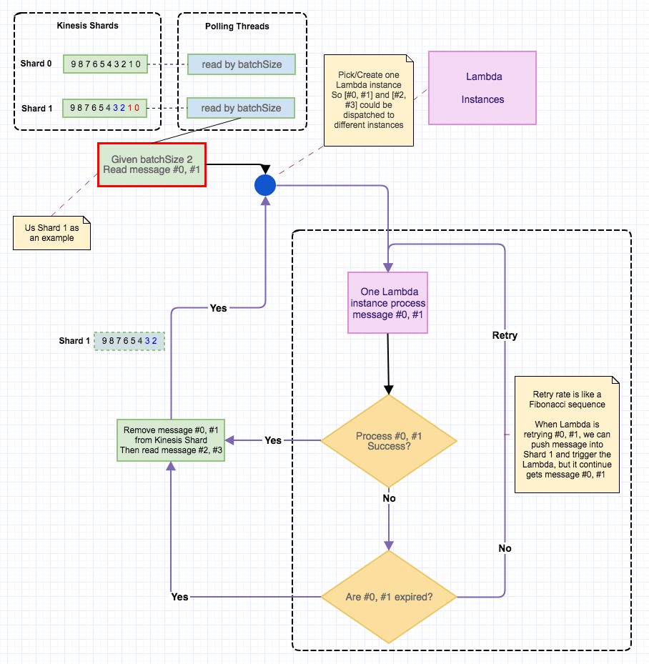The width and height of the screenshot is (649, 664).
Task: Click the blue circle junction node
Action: point(265,185)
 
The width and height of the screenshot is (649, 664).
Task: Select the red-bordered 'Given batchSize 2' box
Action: point(152,164)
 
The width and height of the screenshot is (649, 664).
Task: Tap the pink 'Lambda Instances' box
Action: point(482,88)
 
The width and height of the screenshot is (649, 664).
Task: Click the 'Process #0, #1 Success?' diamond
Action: point(388,441)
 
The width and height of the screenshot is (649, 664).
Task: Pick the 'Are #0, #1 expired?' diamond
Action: point(389,596)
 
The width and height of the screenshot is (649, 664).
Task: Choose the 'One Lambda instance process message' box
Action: point(388,302)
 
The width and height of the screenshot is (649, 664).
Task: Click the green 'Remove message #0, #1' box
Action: point(171,440)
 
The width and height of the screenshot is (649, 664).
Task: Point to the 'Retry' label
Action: point(505,335)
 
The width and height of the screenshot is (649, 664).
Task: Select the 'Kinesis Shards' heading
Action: point(88,26)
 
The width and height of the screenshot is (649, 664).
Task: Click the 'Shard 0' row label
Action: point(36,64)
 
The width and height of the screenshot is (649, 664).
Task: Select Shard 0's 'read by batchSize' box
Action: point(242,64)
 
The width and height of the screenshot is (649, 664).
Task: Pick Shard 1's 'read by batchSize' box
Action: point(241,108)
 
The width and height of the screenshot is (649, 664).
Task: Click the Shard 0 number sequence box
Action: point(106,64)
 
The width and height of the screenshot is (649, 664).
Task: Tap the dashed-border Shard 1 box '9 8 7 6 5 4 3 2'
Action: point(129,341)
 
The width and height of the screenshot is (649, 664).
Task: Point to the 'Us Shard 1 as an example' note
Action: point(52,233)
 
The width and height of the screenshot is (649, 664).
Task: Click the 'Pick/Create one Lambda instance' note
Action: point(369,100)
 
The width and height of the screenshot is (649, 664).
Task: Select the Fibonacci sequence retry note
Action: point(567,434)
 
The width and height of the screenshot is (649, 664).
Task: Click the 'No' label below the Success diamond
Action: point(389,498)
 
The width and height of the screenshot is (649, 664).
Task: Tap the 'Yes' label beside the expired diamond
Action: point(180,596)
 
